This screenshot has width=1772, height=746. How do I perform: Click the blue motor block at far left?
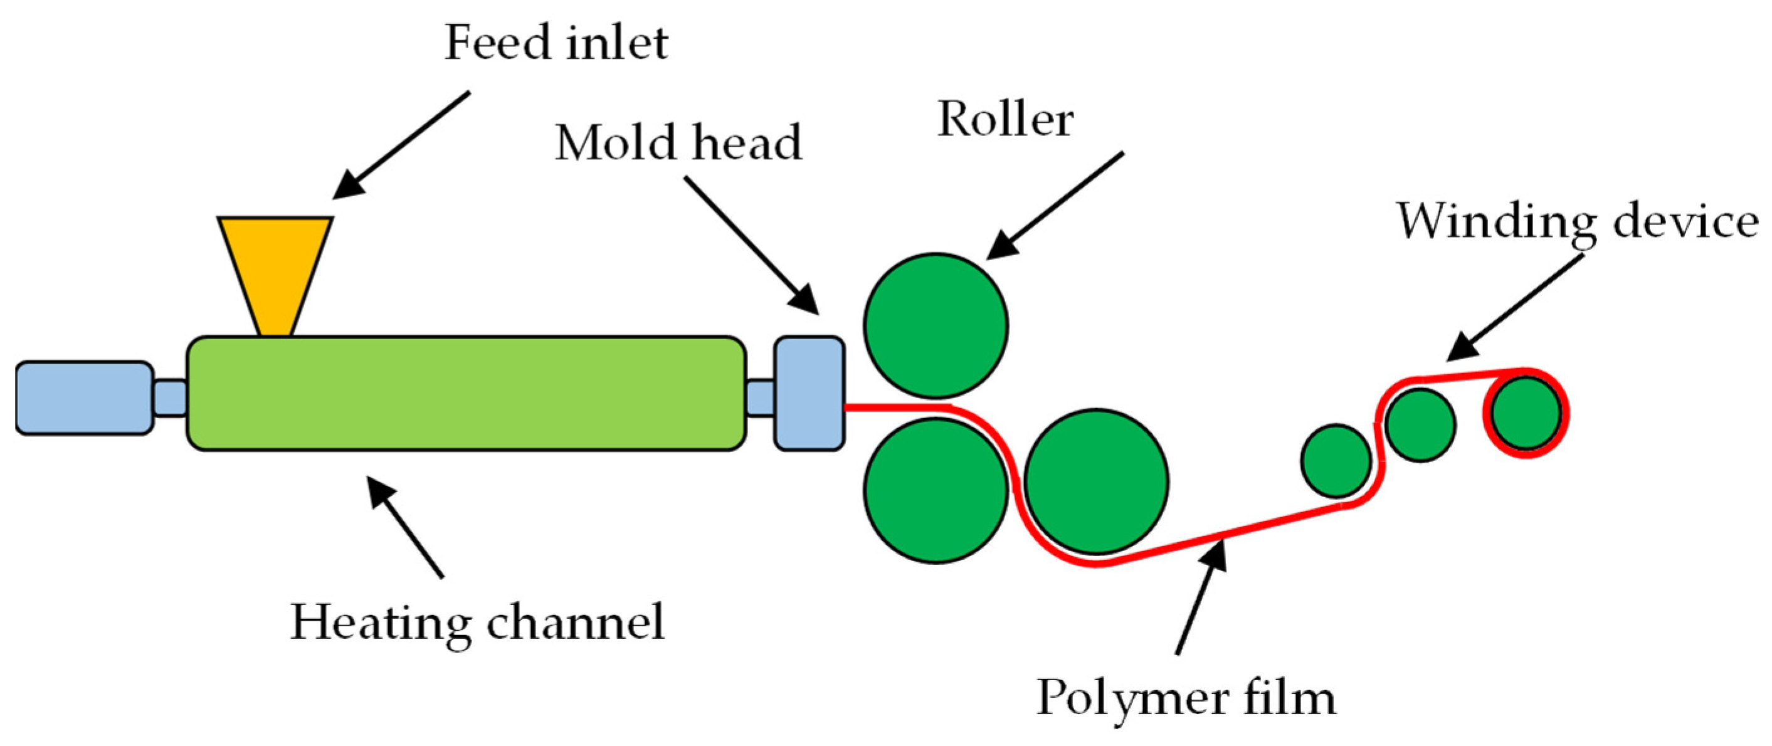(84, 398)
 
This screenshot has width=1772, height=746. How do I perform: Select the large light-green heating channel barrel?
(466, 394)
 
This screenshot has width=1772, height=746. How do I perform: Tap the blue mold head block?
(809, 394)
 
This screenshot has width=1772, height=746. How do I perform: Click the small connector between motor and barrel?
(169, 398)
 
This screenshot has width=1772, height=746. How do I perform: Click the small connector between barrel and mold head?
(760, 398)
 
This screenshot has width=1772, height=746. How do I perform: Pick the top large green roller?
(936, 326)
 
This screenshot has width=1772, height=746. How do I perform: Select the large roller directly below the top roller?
(936, 490)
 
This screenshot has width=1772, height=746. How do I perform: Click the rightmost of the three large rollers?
(1096, 481)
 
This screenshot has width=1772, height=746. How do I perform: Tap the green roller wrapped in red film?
(1526, 413)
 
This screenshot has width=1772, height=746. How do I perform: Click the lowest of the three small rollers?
(1336, 461)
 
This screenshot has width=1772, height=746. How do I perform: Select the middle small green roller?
(1420, 425)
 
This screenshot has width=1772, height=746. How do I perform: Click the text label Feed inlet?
(556, 43)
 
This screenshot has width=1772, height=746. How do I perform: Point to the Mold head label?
(678, 143)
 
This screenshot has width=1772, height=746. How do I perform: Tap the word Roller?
(1005, 120)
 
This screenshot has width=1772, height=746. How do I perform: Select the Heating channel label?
(477, 623)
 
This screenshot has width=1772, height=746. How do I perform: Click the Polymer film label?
(1186, 698)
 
